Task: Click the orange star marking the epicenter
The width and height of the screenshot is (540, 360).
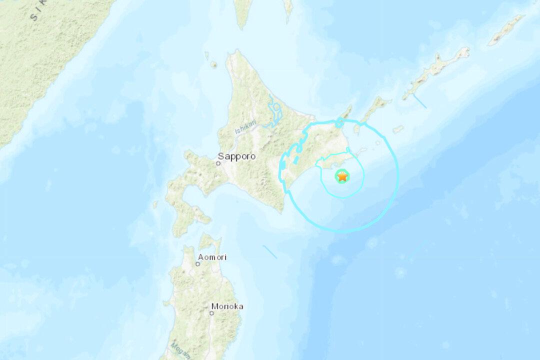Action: [342, 176]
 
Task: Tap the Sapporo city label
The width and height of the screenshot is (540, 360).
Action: [236, 156]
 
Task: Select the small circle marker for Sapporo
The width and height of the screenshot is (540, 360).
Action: [218, 163]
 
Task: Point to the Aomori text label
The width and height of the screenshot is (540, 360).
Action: [212, 257]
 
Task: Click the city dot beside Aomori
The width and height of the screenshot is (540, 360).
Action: [198, 263]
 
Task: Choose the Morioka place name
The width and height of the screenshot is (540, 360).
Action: [227, 306]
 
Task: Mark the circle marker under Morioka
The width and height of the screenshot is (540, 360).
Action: [211, 313]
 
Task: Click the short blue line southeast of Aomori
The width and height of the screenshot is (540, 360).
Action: [269, 251]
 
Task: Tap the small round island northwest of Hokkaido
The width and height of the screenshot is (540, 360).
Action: [213, 64]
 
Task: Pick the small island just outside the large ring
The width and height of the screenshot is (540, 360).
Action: [398, 129]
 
